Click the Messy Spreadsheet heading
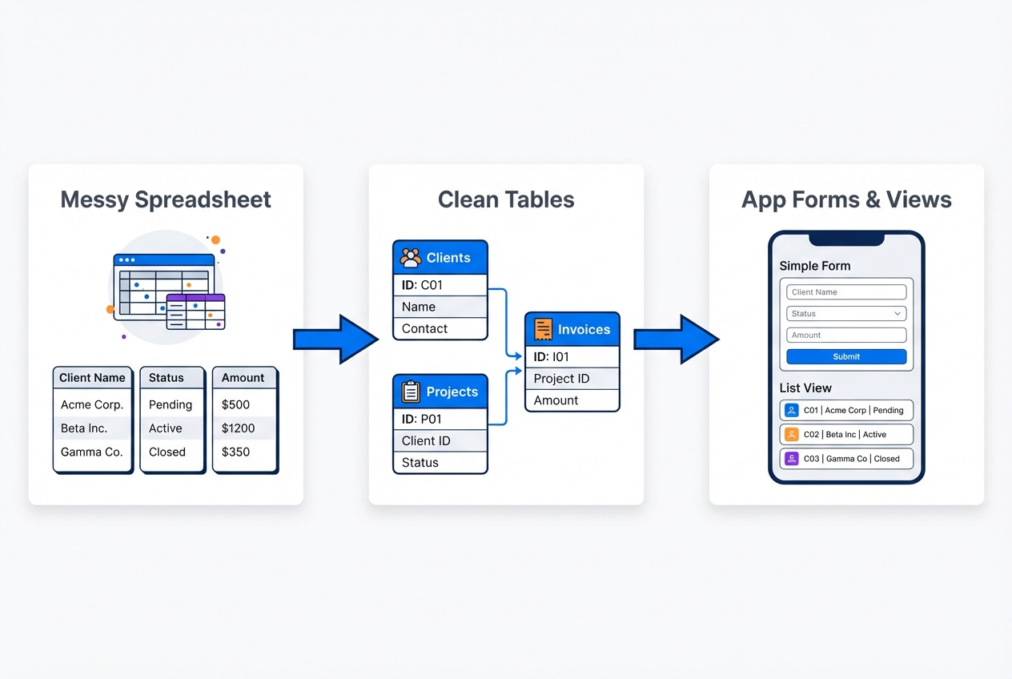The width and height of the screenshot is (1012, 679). click(x=166, y=199)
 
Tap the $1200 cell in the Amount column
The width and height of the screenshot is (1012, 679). click(x=238, y=428)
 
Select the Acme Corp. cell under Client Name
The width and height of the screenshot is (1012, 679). click(x=92, y=404)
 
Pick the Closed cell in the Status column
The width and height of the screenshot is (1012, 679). click(x=167, y=452)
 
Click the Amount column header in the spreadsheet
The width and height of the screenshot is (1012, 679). click(x=243, y=378)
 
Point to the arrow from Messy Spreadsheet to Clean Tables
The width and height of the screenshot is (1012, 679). click(x=335, y=339)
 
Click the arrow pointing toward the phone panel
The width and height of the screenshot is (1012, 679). click(x=676, y=339)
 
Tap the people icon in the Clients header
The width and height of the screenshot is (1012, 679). click(x=411, y=258)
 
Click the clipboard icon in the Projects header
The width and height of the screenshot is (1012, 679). click(x=411, y=392)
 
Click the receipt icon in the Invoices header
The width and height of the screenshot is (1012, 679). click(x=544, y=329)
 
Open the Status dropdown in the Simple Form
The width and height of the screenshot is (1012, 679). click(x=846, y=314)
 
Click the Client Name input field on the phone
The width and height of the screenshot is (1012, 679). click(x=846, y=292)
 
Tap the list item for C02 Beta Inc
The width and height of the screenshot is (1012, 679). click(x=846, y=435)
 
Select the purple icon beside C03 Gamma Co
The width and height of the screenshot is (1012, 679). click(x=792, y=459)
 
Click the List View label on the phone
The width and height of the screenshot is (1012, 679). click(x=805, y=388)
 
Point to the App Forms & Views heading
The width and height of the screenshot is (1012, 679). click(x=846, y=199)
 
